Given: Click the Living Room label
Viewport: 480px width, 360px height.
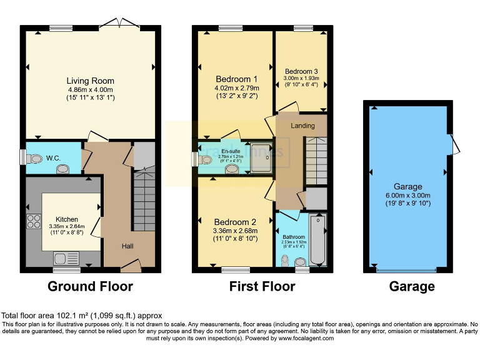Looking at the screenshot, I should pos(91,81).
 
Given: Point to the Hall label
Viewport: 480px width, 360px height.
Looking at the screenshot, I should pos(127,246).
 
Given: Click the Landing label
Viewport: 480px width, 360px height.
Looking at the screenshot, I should pos(302,126).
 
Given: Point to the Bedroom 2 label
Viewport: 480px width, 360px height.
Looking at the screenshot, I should pos(235,222).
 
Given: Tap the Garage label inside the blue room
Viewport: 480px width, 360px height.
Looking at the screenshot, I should pos(407,186).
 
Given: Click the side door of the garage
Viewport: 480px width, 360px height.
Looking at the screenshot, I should pos(454,145).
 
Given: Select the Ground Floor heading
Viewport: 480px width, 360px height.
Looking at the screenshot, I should pos(91,286).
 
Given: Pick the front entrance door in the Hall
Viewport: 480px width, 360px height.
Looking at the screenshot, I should pos(130,267).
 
